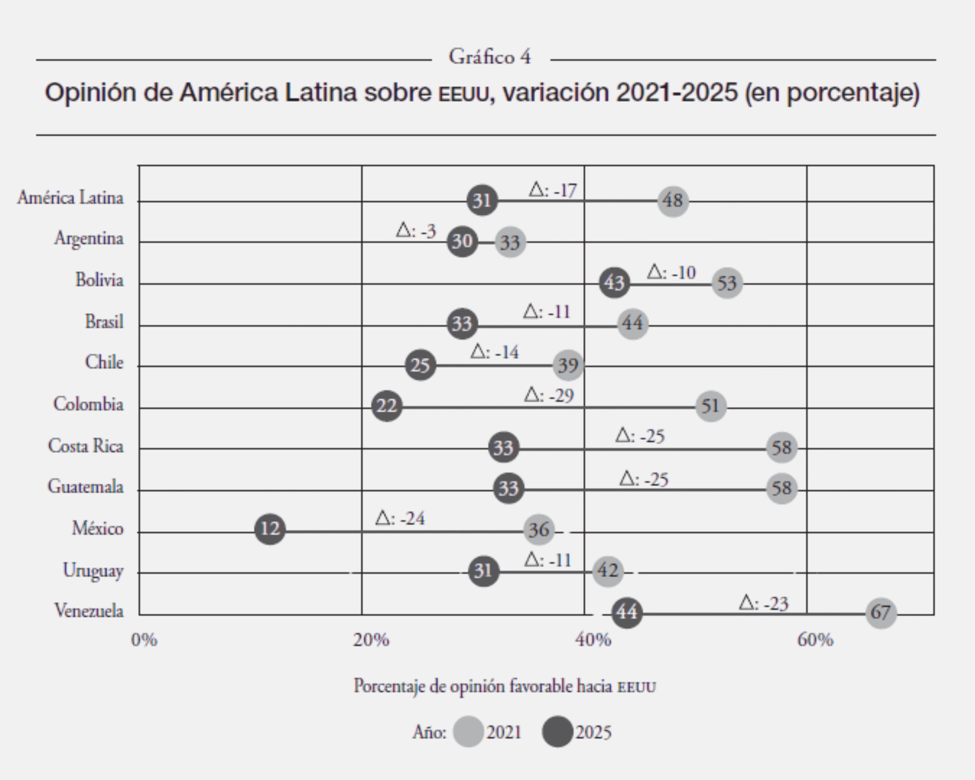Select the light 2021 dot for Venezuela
point(880,612)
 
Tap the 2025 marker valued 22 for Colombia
point(387,406)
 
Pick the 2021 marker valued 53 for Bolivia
point(727,283)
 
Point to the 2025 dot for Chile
point(420,365)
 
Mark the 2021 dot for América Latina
point(673,200)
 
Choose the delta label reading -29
point(549,396)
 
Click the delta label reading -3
point(416,231)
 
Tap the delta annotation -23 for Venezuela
point(764,603)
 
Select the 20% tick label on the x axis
point(371,640)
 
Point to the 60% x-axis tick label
point(815,640)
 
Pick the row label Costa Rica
point(86,446)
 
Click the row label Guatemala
point(85,487)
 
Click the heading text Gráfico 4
point(490,57)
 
